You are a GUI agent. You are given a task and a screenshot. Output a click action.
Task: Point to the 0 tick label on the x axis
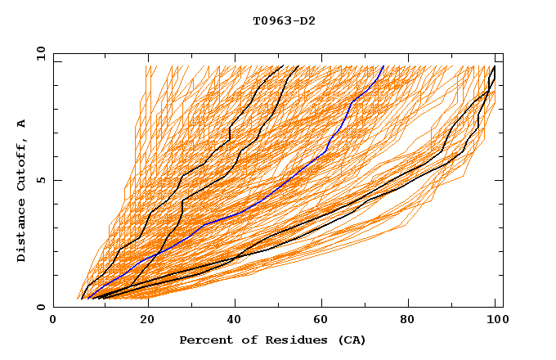tap(54, 320)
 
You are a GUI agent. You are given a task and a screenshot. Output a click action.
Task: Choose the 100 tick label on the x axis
tap(496, 320)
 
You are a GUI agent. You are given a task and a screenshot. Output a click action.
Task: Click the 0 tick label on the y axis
tap(41, 308)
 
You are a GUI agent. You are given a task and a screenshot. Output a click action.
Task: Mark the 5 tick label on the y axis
tap(41, 180)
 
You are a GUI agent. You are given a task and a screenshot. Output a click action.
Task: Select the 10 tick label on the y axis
tap(38, 53)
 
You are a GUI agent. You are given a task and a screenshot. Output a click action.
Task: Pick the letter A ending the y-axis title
tap(21, 123)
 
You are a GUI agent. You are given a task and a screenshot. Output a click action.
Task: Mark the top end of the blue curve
tap(384, 65)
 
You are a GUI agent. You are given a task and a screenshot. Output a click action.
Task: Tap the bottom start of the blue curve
tap(87, 298)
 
